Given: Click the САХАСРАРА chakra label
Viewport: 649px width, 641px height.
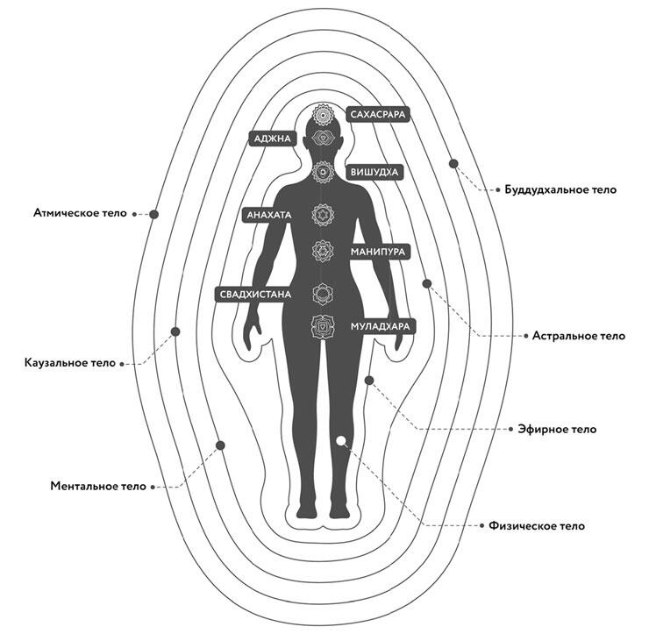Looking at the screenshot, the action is click(378, 114).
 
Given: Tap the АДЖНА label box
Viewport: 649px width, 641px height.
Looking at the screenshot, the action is click(273, 139).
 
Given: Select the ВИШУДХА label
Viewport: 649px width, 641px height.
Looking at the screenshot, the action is click(374, 172).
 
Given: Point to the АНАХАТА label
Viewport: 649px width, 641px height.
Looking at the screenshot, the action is click(269, 215).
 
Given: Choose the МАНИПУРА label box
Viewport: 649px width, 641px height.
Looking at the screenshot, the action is click(378, 252).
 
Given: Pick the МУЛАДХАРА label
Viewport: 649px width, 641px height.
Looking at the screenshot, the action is click(380, 326).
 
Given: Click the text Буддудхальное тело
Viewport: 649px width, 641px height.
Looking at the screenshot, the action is click(560, 189).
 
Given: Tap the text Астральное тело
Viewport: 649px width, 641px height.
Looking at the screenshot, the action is click(578, 336).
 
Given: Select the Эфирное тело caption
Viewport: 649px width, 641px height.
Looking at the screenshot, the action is click(557, 429).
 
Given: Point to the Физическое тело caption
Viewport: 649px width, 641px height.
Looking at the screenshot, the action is click(537, 526).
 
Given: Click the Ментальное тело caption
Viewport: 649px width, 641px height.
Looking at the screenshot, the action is click(98, 486).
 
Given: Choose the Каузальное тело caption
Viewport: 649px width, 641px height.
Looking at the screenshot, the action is click(70, 363).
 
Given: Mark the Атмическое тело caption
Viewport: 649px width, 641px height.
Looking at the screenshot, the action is click(80, 213).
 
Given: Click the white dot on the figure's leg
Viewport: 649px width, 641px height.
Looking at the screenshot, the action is click(340, 441).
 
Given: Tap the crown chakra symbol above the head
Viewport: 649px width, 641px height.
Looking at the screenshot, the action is click(323, 114).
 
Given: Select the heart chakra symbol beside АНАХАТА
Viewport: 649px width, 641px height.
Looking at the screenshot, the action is click(323, 215).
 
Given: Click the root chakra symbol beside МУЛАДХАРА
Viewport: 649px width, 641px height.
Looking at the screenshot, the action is click(323, 326).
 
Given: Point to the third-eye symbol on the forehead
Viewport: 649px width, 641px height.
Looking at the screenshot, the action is click(323, 138).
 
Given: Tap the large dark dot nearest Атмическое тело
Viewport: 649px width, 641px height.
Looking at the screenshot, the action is click(154, 214).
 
